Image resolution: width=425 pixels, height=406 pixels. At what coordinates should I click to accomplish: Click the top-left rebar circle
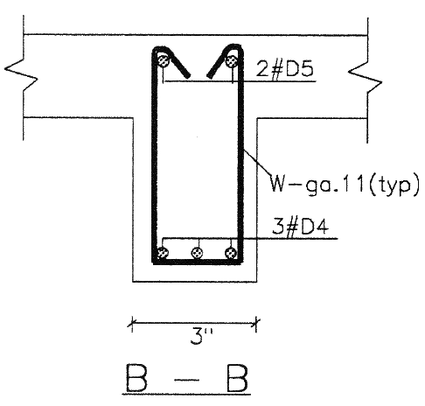point(163,60)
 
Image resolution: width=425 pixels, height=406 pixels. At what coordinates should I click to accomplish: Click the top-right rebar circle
point(232,60)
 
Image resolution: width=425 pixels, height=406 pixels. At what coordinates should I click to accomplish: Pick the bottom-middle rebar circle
point(198,254)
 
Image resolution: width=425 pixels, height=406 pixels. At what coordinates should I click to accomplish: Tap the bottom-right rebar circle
point(232,254)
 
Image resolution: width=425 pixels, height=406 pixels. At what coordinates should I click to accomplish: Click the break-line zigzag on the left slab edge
point(17,75)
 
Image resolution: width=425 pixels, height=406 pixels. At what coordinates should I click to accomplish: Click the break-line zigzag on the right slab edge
point(365,75)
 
